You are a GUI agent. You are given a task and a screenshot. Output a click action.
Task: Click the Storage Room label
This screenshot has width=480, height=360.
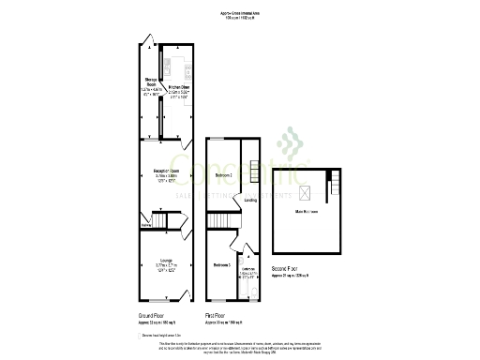click(x=149, y=83)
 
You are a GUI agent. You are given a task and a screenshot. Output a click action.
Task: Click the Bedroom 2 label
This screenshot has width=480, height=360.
click(x=223, y=175)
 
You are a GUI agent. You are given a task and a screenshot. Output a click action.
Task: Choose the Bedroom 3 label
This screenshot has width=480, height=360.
click(x=222, y=265)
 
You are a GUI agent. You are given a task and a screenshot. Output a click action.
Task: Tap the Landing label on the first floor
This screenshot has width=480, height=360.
click(x=250, y=200)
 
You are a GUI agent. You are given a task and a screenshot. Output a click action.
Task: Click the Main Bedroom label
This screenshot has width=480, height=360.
click(x=307, y=213)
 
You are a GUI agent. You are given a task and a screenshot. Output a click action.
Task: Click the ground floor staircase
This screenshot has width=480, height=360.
click(x=164, y=221)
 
